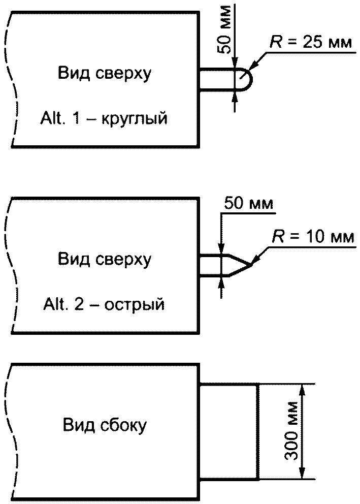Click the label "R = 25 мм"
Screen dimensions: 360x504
click(310, 43)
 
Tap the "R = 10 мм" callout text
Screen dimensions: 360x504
click(313, 237)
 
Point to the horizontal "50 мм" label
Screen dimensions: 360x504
click(249, 203)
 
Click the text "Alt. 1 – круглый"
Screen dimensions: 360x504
click(104, 118)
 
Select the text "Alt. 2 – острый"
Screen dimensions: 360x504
click(104, 304)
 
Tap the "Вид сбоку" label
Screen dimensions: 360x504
click(105, 425)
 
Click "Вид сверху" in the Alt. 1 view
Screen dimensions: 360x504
click(105, 74)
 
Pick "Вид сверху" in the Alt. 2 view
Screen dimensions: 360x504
click(105, 259)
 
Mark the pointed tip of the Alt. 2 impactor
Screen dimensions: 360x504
click(250, 265)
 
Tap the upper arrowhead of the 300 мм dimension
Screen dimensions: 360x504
click(302, 391)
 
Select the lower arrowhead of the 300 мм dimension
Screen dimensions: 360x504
click(302, 473)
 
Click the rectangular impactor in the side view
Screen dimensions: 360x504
click(229, 432)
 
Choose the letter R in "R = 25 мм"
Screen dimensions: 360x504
click(275, 43)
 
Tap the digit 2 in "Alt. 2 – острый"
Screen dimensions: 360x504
click(79, 304)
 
